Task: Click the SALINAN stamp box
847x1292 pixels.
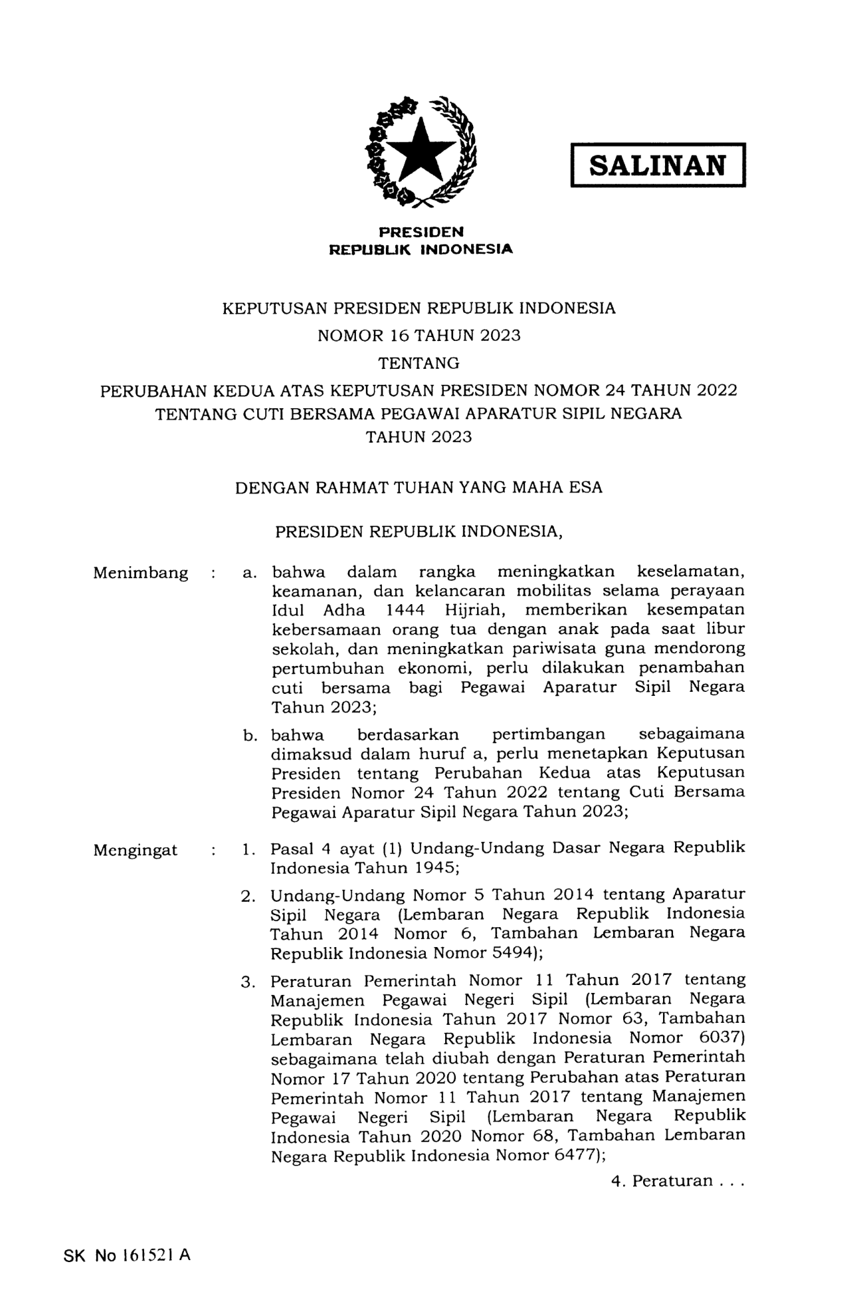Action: [658, 165]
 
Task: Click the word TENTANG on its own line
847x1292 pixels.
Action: [419, 363]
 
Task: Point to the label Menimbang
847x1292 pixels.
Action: [141, 573]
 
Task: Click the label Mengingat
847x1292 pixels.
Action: [136, 850]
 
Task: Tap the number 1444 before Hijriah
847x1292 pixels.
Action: [406, 610]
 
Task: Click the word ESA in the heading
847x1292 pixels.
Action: [585, 487]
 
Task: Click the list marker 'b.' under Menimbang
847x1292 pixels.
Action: [250, 736]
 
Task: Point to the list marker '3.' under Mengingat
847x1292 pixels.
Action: [248, 982]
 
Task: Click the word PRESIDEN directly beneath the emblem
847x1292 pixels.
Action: [421, 232]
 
